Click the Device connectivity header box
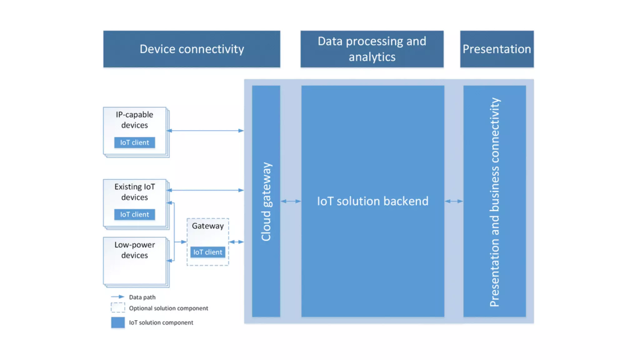point(192,49)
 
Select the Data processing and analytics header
point(372,49)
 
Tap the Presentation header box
point(497,49)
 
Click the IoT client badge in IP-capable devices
point(135,142)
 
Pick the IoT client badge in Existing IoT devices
point(135,214)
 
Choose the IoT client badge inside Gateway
point(208,252)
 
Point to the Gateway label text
point(208,226)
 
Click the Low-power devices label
point(135,250)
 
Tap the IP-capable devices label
point(135,120)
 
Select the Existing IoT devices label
point(135,192)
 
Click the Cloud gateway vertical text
point(266,202)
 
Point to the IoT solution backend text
point(373,201)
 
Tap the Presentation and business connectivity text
point(495,202)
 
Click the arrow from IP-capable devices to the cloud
point(205,131)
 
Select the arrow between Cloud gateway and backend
point(291,201)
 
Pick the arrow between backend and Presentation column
point(454,201)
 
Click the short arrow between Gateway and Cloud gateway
point(237,242)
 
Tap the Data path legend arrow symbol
point(118,297)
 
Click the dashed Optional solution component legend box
point(118,307)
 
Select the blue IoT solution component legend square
point(118,322)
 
